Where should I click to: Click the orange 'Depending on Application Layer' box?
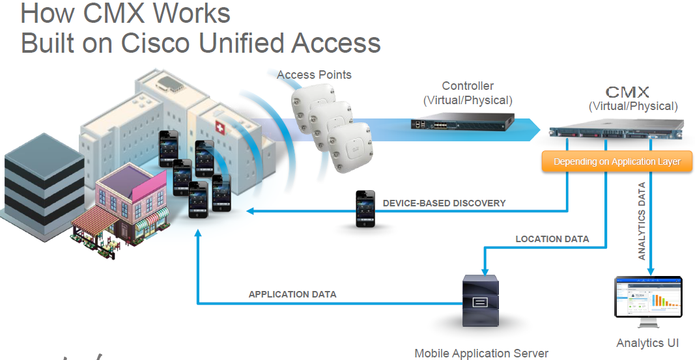(x=617, y=161)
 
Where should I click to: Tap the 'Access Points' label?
(x=314, y=75)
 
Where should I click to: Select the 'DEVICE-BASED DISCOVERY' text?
(x=444, y=203)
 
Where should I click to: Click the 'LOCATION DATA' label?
(x=552, y=239)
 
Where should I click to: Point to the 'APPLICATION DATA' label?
(x=292, y=294)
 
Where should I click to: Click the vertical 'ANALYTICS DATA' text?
(x=642, y=222)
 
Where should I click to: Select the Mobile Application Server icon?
(x=479, y=301)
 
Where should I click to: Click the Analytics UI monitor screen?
(x=648, y=297)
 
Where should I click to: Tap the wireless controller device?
(x=462, y=123)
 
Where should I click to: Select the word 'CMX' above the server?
(x=627, y=91)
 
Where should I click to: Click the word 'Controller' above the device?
(x=468, y=86)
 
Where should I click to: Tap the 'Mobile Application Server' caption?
(x=481, y=353)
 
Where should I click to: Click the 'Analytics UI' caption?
(x=649, y=343)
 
